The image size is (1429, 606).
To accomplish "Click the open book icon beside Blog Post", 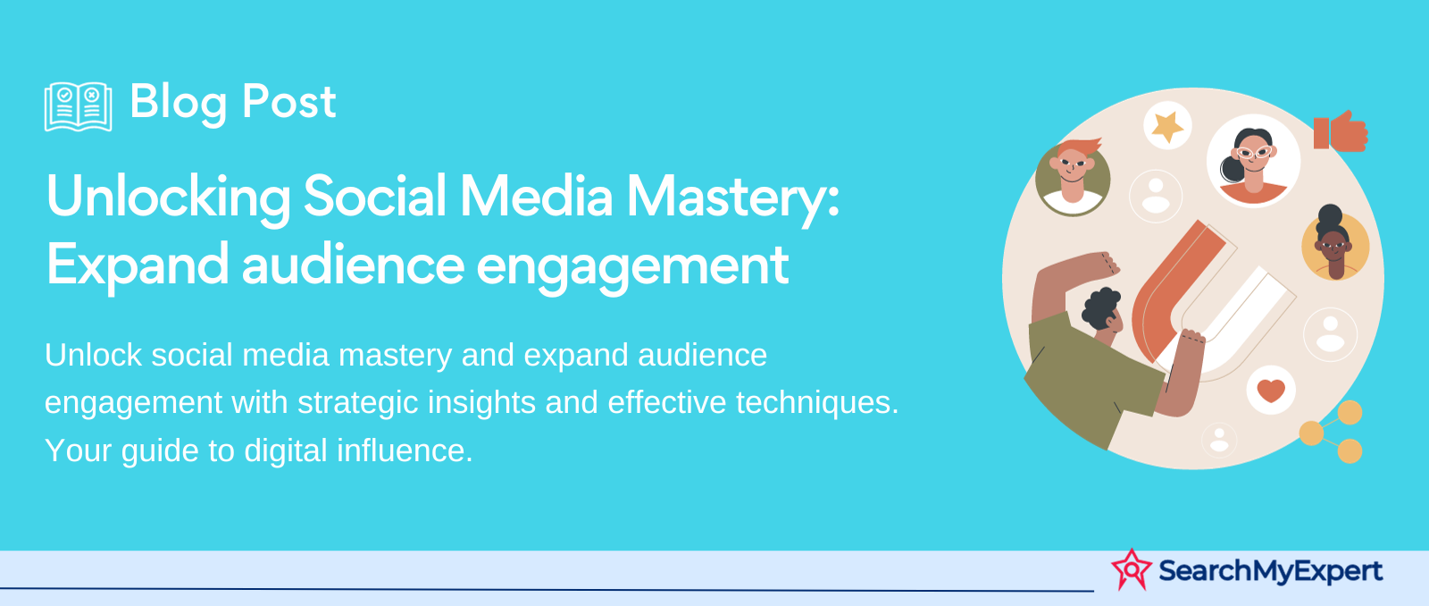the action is [79, 106].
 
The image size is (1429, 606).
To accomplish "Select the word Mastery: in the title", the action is [733, 199].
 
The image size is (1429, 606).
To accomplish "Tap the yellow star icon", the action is [1167, 126].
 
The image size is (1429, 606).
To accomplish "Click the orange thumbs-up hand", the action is [1341, 131].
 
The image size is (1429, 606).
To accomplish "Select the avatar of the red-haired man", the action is [1073, 178].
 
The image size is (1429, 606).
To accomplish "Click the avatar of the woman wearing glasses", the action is [1253, 161].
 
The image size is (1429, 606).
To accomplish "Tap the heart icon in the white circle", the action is [1270, 391].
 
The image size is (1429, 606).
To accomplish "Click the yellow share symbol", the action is [1333, 433].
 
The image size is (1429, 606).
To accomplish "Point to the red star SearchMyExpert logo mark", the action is [1132, 569].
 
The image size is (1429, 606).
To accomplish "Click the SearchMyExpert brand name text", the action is [1270, 570].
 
